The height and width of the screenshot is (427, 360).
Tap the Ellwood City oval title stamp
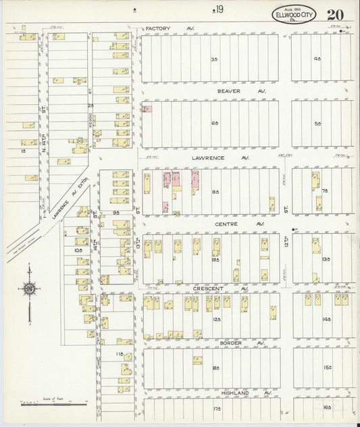293,14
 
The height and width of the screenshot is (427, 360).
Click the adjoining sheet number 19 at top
218,8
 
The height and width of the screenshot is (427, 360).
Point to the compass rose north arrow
29,289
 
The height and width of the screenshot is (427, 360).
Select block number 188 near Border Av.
215,368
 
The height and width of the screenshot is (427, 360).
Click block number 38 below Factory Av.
215,59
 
